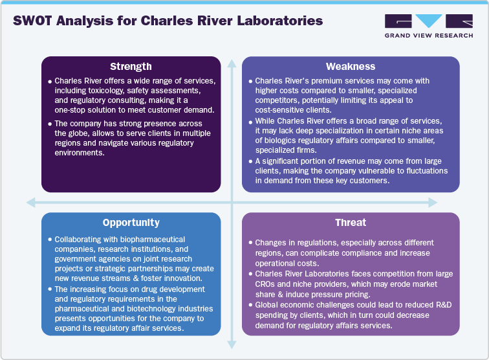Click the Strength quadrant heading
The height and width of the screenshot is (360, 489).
pyautogui.click(x=131, y=66)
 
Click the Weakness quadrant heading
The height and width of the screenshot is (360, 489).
pyautogui.click(x=350, y=66)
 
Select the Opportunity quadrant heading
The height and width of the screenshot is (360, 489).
pyautogui.click(x=131, y=222)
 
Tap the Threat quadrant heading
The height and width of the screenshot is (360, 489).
pyautogui.click(x=350, y=222)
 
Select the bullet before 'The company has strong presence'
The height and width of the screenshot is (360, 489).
pyautogui.click(x=50, y=124)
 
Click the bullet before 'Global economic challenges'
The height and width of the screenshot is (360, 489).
pyautogui.click(x=250, y=304)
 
